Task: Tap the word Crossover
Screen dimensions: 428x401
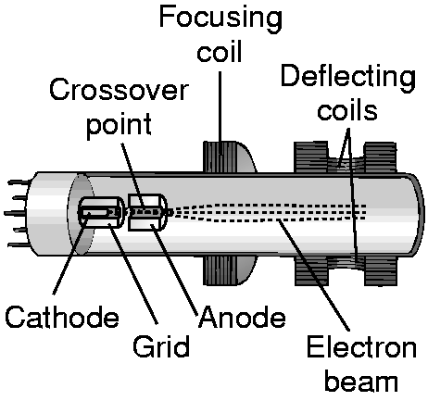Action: (119, 90)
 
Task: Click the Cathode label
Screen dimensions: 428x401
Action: (62, 317)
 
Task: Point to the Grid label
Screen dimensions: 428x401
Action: (161, 346)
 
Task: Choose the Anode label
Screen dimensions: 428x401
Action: (243, 317)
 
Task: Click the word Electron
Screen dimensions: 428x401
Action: (361, 348)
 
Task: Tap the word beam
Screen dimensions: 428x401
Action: (361, 381)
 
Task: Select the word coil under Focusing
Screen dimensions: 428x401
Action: (220, 50)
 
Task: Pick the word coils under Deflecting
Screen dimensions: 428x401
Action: (347, 110)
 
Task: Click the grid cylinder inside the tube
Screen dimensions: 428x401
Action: (102, 212)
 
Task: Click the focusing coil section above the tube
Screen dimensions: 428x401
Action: (229, 157)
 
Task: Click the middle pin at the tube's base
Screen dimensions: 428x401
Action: (17, 213)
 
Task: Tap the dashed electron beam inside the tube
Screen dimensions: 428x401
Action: (269, 212)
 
